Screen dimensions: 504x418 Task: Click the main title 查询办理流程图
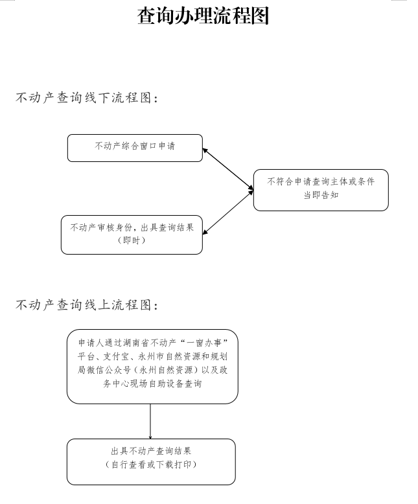point(203,16)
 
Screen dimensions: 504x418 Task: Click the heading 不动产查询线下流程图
point(87,98)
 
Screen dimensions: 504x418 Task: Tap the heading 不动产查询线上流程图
point(87,304)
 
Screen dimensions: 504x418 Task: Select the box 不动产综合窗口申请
point(135,148)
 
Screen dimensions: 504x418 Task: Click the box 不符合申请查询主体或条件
point(321,182)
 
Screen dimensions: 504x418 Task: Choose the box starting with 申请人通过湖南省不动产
point(152,366)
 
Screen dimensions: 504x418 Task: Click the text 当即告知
point(321,196)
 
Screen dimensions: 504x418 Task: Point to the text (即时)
point(132,240)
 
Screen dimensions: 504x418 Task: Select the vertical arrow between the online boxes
point(150,421)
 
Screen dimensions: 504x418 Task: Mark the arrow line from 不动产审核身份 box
point(227,212)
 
